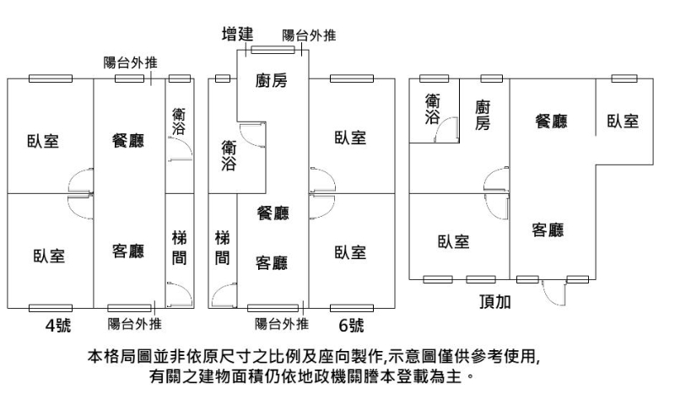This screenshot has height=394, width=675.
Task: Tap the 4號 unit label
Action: [58, 324]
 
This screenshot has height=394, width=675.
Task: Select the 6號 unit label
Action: [351, 324]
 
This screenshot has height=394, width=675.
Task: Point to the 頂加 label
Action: [494, 301]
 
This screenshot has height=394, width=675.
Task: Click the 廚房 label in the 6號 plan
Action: [272, 81]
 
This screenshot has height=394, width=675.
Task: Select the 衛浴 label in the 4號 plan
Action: [180, 122]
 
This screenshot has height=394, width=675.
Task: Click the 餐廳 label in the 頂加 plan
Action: [551, 121]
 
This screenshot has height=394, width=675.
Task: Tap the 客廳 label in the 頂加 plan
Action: [548, 229]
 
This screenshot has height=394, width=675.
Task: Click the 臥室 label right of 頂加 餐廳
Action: [623, 121]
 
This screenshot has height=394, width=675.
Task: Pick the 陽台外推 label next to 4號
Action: [135, 324]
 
